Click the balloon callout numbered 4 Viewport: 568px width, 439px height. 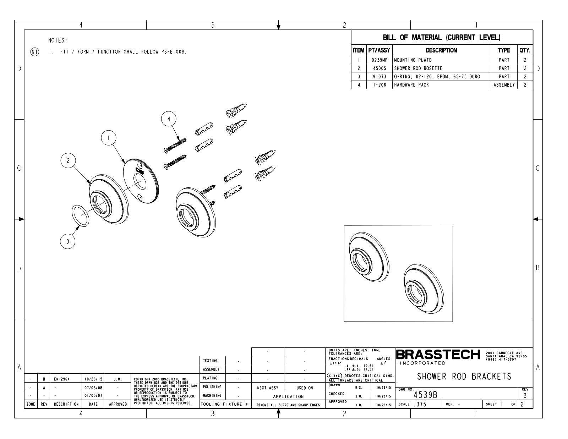pos(169,119)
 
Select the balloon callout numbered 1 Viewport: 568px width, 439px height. pos(109,138)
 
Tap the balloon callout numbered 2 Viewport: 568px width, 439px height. pos(68,160)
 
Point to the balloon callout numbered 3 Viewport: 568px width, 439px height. pos(68,241)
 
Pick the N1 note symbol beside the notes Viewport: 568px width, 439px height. pos(35,52)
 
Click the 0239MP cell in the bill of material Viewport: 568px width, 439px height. pos(379,60)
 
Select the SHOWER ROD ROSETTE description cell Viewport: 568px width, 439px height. pos(442,68)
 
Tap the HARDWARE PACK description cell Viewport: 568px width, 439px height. pos(442,85)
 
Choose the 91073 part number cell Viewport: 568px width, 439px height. pos(379,77)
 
